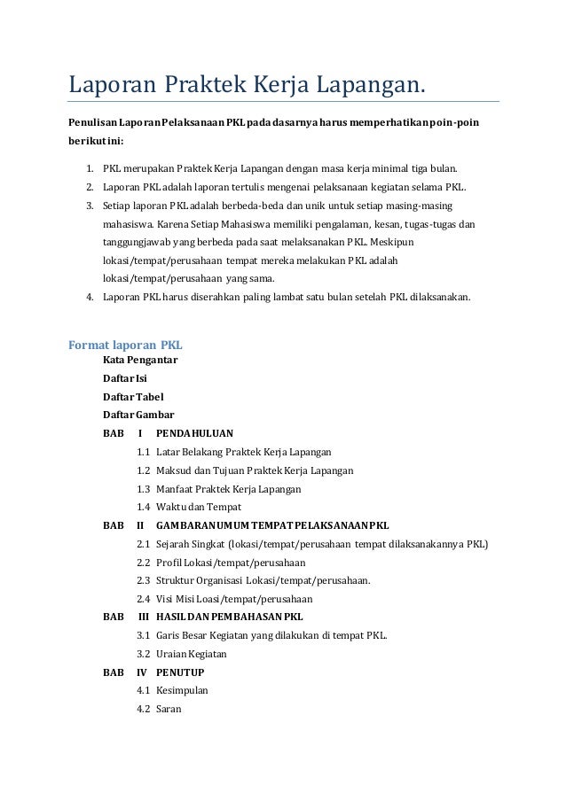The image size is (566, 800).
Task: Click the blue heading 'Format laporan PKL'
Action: (x=125, y=344)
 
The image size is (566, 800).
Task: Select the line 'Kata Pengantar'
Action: (x=140, y=361)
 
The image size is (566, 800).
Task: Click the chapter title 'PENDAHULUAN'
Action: (x=194, y=433)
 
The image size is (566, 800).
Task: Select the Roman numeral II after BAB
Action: (x=140, y=525)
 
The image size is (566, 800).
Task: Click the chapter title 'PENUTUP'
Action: (x=179, y=672)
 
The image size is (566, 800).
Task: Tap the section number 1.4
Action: (x=144, y=507)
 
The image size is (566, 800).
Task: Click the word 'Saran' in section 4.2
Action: (x=169, y=709)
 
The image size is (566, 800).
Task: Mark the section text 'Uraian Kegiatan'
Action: (x=191, y=654)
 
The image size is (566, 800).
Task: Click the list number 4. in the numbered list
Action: (x=90, y=297)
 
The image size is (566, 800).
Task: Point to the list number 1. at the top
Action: (x=90, y=168)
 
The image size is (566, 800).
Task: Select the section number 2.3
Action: (x=144, y=580)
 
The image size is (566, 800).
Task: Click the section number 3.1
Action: (x=144, y=635)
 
